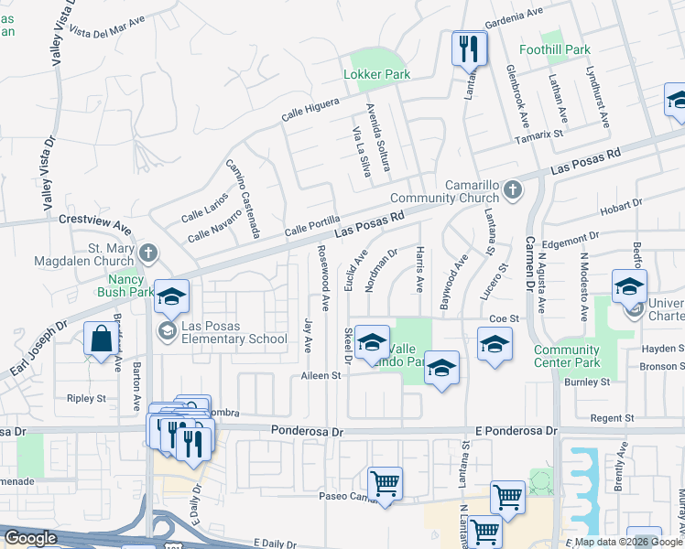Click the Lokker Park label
(x=375, y=74)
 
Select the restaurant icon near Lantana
(x=469, y=48)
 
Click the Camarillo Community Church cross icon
(x=512, y=190)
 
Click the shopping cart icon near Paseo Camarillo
(x=385, y=482)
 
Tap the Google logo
(x=30, y=538)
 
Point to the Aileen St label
(x=321, y=375)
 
